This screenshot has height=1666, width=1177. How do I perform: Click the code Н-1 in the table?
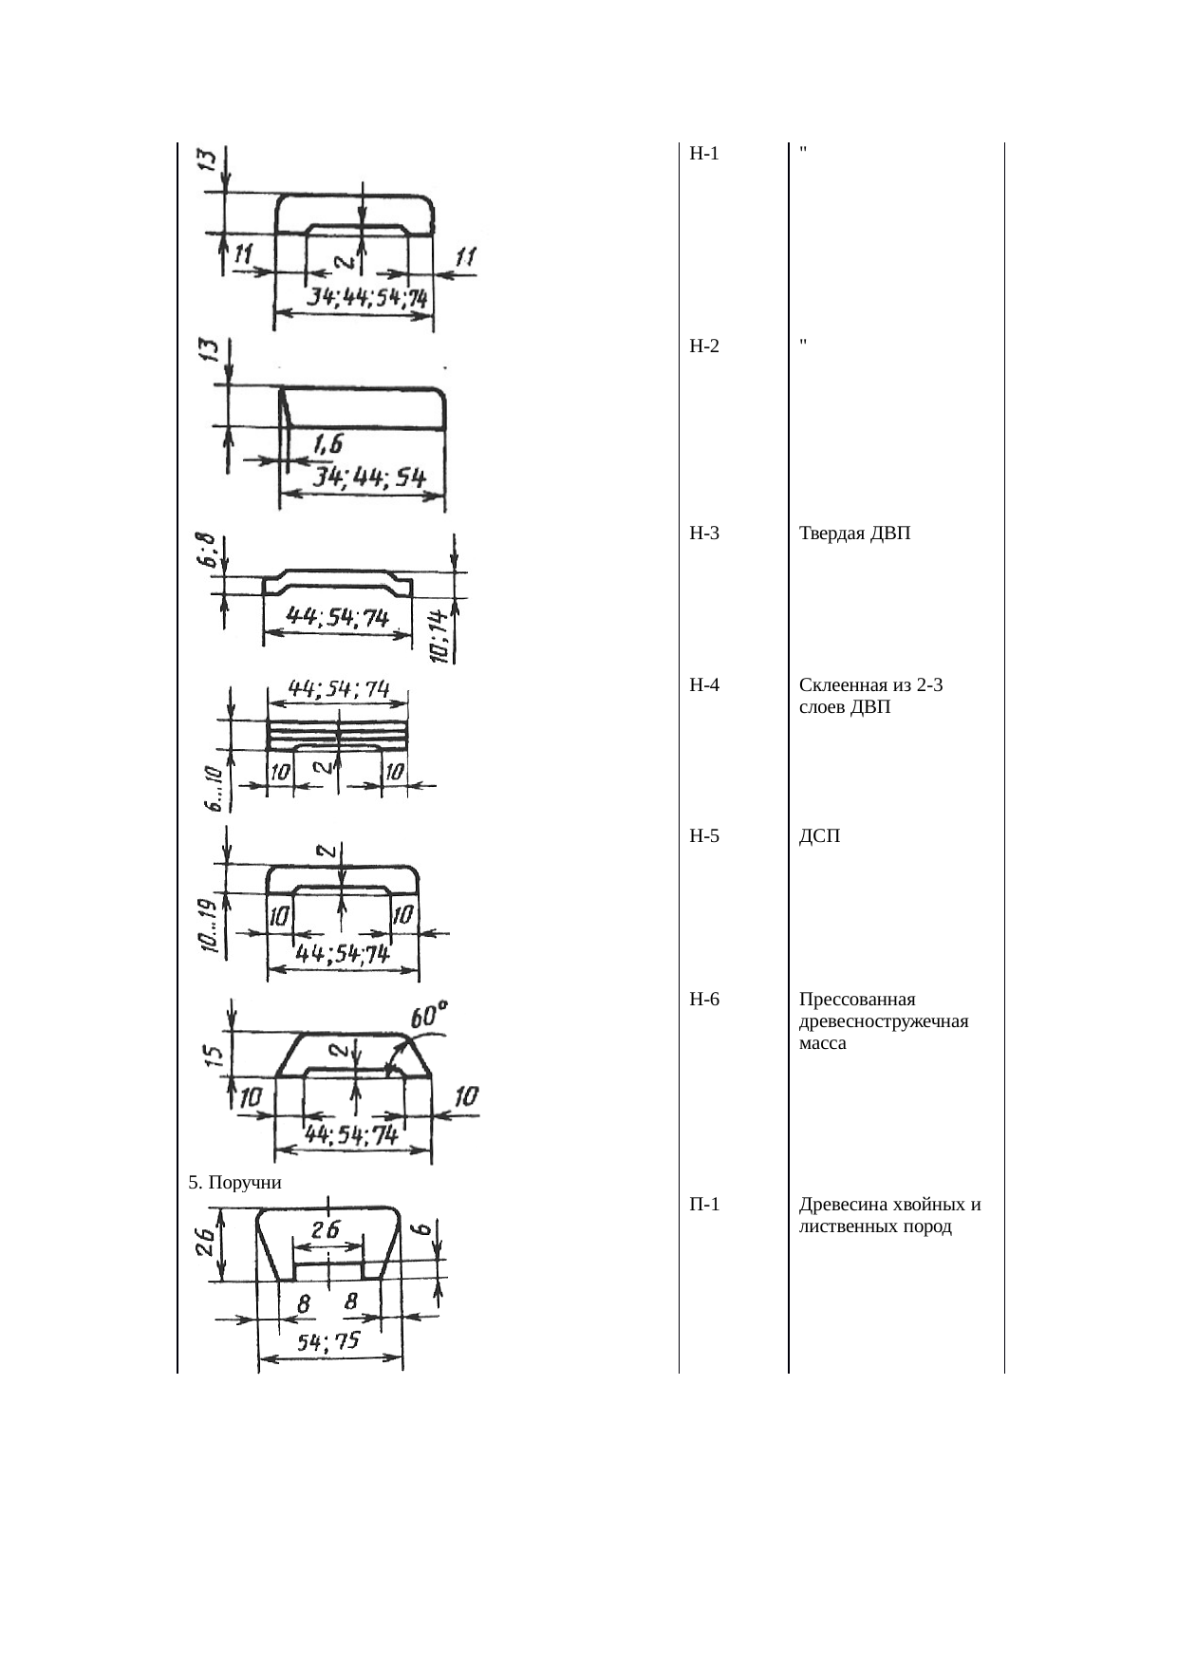(704, 154)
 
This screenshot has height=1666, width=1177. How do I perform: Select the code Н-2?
(704, 346)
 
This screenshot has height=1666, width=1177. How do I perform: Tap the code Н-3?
(704, 533)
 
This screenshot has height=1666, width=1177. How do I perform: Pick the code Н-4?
(704, 685)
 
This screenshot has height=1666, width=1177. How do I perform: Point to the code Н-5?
(704, 836)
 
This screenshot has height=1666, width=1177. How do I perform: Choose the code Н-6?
(704, 1000)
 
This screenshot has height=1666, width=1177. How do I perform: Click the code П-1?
(704, 1206)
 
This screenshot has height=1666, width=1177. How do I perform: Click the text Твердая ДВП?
(855, 533)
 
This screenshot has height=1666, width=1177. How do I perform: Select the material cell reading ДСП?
(820, 836)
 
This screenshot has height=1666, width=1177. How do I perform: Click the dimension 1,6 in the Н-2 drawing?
(327, 444)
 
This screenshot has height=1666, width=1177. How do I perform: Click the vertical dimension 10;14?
(439, 635)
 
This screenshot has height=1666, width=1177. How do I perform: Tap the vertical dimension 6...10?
(215, 787)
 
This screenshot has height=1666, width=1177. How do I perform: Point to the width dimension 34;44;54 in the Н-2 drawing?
(369, 477)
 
